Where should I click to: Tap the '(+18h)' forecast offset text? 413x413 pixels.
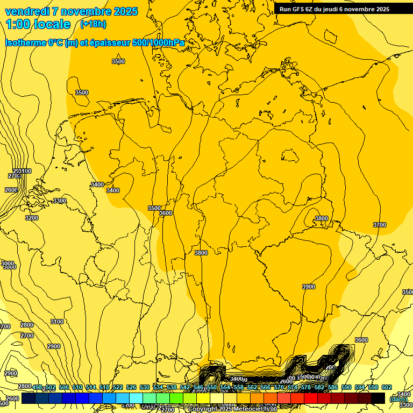click(x=93, y=24)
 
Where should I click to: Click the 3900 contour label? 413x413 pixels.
click(x=309, y=287)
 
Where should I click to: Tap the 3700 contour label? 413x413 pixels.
click(x=379, y=225)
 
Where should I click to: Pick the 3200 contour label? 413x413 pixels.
click(x=32, y=218)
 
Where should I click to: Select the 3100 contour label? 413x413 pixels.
click(x=56, y=322)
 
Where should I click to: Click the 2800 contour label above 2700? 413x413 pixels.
click(x=27, y=325)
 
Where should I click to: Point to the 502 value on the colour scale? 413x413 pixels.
click(x=49, y=387)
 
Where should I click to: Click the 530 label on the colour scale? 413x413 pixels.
click(x=145, y=387)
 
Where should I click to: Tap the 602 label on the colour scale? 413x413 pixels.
click(x=386, y=387)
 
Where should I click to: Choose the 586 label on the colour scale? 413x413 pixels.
click(x=332, y=387)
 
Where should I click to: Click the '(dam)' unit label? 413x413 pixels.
click(x=398, y=399)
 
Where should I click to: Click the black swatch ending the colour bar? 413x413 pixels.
click(x=378, y=398)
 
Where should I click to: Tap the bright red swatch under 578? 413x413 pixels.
click(x=311, y=398)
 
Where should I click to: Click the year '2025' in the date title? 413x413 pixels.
click(x=126, y=11)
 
